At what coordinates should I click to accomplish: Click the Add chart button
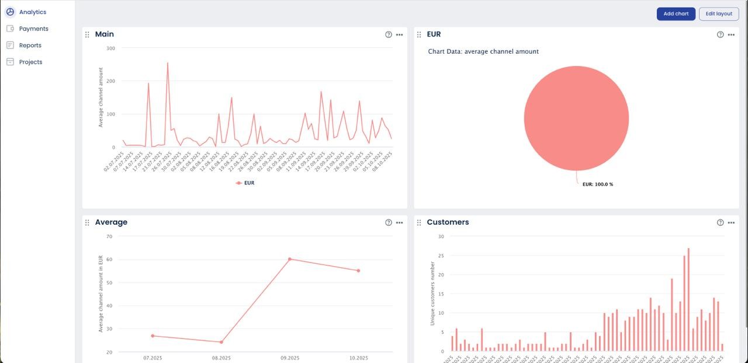click(676, 14)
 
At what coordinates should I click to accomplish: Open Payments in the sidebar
click(33, 29)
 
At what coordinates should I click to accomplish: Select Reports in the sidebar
click(30, 46)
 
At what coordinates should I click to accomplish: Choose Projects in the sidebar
click(30, 62)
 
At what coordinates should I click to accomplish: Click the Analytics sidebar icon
click(10, 12)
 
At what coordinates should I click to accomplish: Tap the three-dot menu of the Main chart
click(399, 35)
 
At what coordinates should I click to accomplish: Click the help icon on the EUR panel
click(720, 35)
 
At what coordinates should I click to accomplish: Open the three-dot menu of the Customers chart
click(730, 223)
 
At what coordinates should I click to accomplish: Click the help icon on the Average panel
click(389, 223)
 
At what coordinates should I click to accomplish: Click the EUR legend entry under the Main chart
click(245, 183)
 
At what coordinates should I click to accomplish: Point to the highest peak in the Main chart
click(168, 64)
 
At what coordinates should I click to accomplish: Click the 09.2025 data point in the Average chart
click(289, 259)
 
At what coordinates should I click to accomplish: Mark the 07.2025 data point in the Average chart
click(153, 336)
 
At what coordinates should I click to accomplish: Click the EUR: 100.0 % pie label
click(597, 184)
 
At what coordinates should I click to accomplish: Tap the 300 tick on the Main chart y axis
click(111, 48)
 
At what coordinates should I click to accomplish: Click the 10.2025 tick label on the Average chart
click(358, 358)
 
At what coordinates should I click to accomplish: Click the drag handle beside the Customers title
click(419, 223)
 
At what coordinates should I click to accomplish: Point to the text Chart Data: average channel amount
click(483, 52)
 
